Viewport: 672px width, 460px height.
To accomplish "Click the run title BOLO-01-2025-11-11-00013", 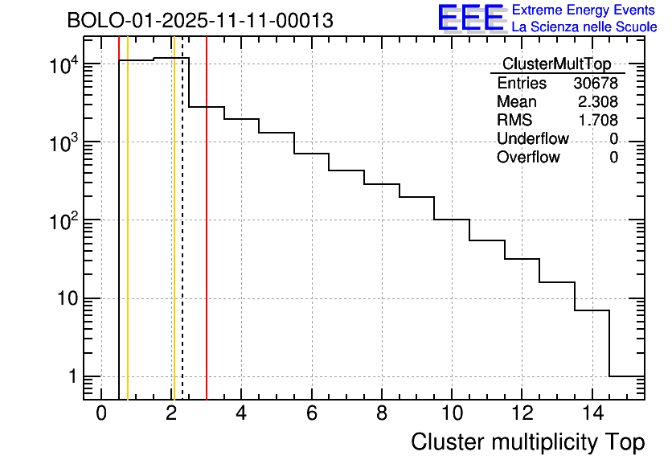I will pos(200,21).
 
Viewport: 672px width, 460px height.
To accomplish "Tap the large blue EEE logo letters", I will pos(470,18).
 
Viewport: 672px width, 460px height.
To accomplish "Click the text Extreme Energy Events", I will pos(584,10).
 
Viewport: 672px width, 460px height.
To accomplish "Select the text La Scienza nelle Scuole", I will pos(584,27).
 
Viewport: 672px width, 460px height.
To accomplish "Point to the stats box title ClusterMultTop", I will pos(556,64).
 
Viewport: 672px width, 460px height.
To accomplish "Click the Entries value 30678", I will pos(596,84).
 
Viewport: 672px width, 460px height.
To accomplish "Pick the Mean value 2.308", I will pos(598,102).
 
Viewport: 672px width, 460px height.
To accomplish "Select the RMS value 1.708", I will pos(598,121).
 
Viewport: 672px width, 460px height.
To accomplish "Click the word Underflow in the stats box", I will pos(532,139).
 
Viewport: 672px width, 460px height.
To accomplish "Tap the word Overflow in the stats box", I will pos(528,158).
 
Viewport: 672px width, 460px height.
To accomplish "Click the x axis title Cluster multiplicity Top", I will pos(527,442).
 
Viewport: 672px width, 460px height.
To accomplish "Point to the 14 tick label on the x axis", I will pos(592,414).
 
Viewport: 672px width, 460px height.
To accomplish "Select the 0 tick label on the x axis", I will pos(101,414).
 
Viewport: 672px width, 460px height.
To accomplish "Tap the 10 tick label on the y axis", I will pos(61,299).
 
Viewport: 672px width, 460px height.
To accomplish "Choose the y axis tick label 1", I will pos(71,377).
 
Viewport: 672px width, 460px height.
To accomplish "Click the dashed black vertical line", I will pos(182,241).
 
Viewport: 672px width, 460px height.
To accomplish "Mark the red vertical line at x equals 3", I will pos(207,241).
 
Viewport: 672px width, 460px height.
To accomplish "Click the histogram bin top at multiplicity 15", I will pos(627,376).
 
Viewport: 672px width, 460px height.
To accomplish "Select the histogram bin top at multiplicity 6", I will pos(311,153).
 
